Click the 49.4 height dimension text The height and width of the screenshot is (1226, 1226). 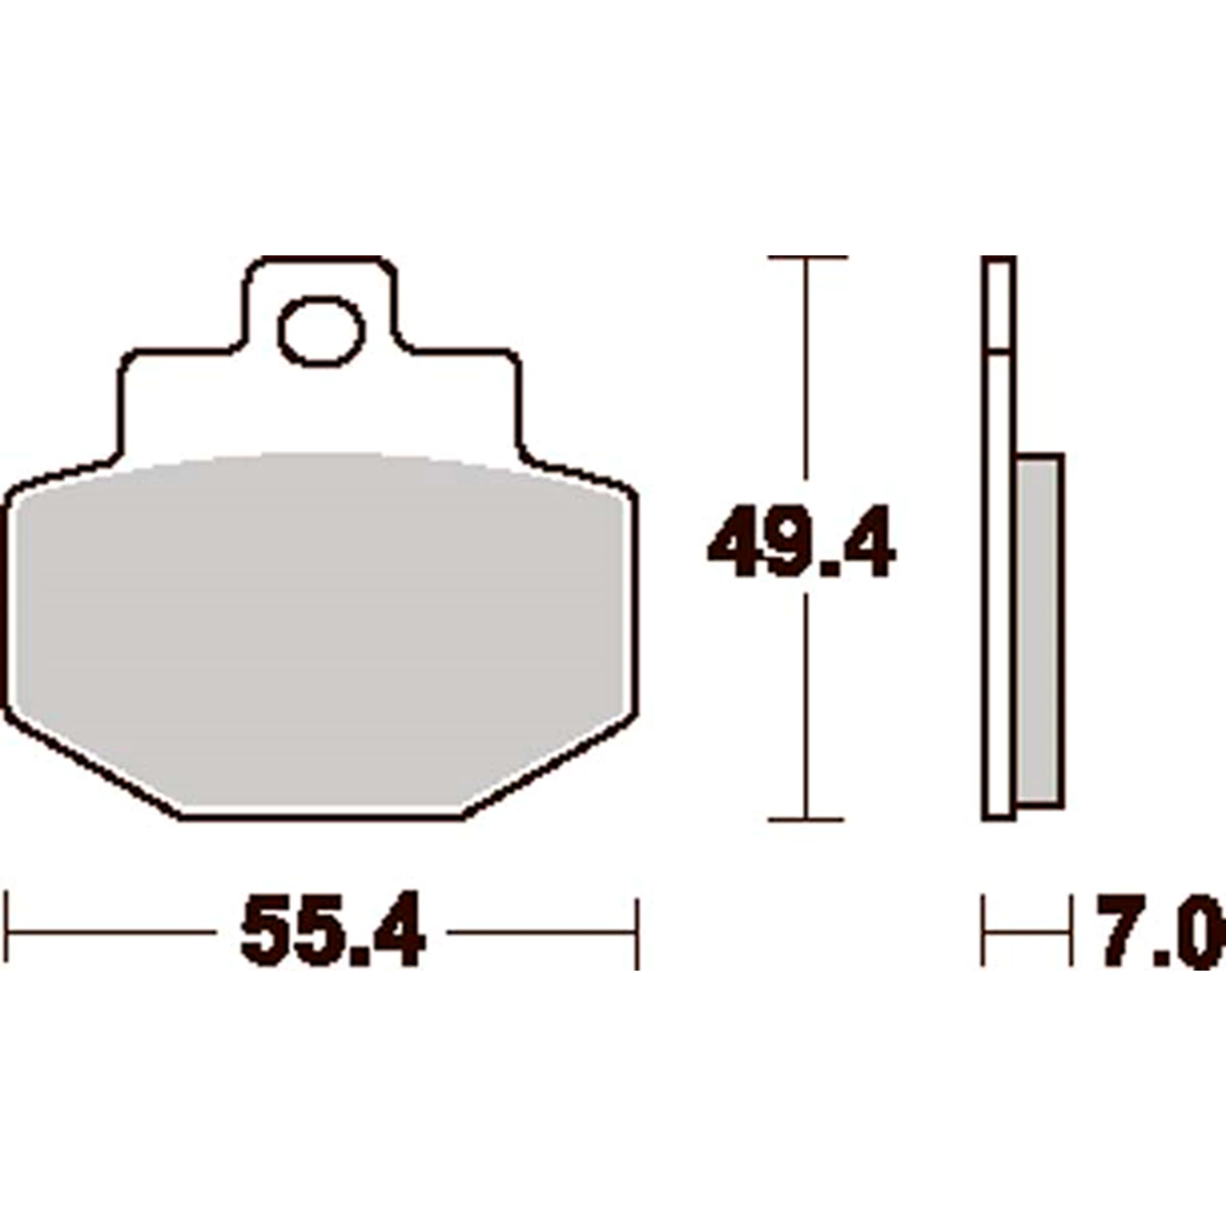pyautogui.click(x=801, y=541)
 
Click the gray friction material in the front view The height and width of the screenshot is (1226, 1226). pyautogui.click(x=319, y=607)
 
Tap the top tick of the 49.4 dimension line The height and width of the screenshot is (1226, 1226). pyautogui.click(x=807, y=257)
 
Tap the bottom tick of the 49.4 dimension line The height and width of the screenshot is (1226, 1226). pyautogui.click(x=806, y=819)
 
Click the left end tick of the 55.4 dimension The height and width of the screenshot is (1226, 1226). pyautogui.click(x=6, y=932)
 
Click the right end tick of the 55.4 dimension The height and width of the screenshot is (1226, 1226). pyautogui.click(x=637, y=932)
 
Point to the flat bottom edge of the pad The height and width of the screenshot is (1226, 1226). pyautogui.click(x=319, y=817)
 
